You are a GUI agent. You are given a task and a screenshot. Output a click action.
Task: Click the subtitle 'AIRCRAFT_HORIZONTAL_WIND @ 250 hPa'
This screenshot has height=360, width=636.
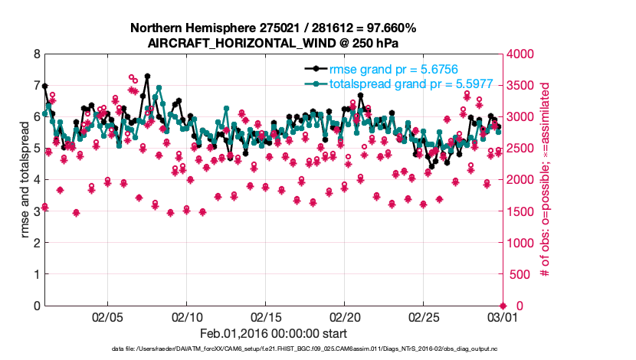pos(274,43)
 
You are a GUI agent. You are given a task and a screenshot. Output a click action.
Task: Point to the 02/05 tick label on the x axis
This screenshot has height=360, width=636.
pos(107,317)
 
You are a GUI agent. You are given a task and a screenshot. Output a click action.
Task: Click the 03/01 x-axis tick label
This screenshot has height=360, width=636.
pos(502,317)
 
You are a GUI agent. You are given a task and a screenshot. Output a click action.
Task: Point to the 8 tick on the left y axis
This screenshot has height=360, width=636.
pos(36,54)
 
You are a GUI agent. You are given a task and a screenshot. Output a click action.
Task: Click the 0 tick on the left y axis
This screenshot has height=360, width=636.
pos(36,306)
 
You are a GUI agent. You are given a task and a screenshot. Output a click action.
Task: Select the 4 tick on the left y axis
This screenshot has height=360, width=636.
pos(36,180)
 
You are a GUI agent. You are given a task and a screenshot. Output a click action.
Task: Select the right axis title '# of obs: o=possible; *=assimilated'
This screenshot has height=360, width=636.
pos(546,180)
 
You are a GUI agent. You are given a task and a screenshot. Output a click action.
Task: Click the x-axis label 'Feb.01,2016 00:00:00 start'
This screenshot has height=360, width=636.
pos(274,333)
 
